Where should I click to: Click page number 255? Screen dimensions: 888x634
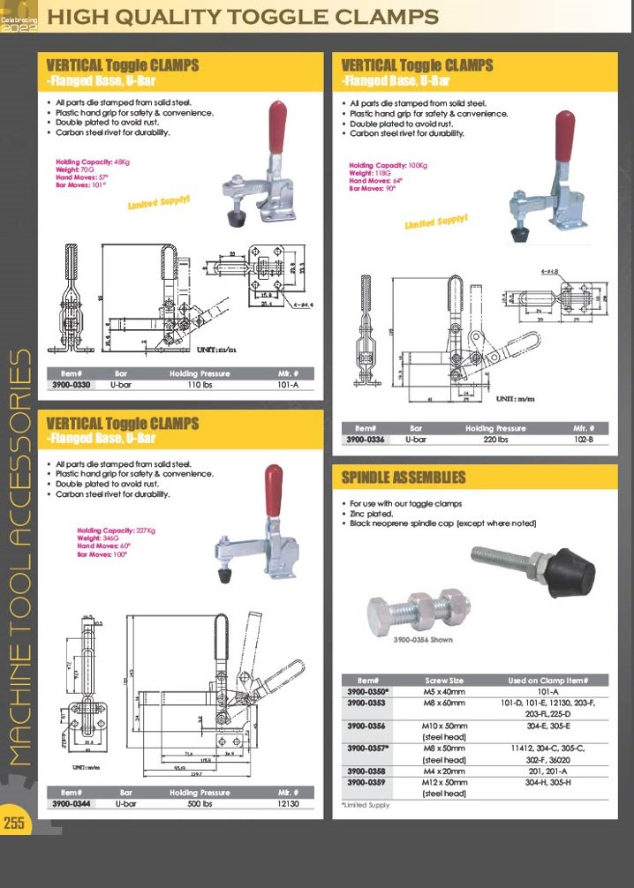click(14, 824)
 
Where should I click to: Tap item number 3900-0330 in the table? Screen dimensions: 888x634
click(71, 386)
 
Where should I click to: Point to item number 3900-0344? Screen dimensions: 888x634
click(71, 804)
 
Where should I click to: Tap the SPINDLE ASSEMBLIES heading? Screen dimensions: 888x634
click(404, 478)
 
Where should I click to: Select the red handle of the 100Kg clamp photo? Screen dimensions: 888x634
click(564, 137)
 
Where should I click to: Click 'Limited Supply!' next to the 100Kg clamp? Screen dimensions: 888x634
click(435, 222)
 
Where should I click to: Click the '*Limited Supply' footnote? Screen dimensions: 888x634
click(366, 805)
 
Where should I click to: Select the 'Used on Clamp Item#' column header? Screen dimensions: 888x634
click(547, 681)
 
